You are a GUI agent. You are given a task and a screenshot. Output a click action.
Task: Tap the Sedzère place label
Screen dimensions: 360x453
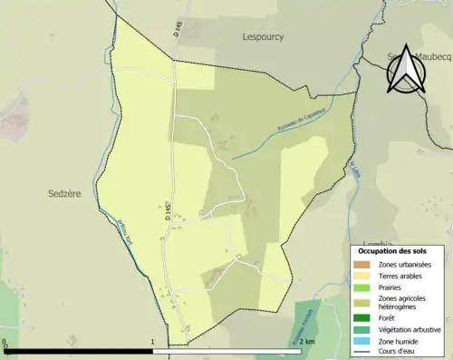(x=64, y=193)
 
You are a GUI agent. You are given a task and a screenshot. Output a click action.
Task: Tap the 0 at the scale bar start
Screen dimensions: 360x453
(x=5, y=343)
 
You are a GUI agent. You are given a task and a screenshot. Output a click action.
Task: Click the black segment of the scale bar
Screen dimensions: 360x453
(x=79, y=351)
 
